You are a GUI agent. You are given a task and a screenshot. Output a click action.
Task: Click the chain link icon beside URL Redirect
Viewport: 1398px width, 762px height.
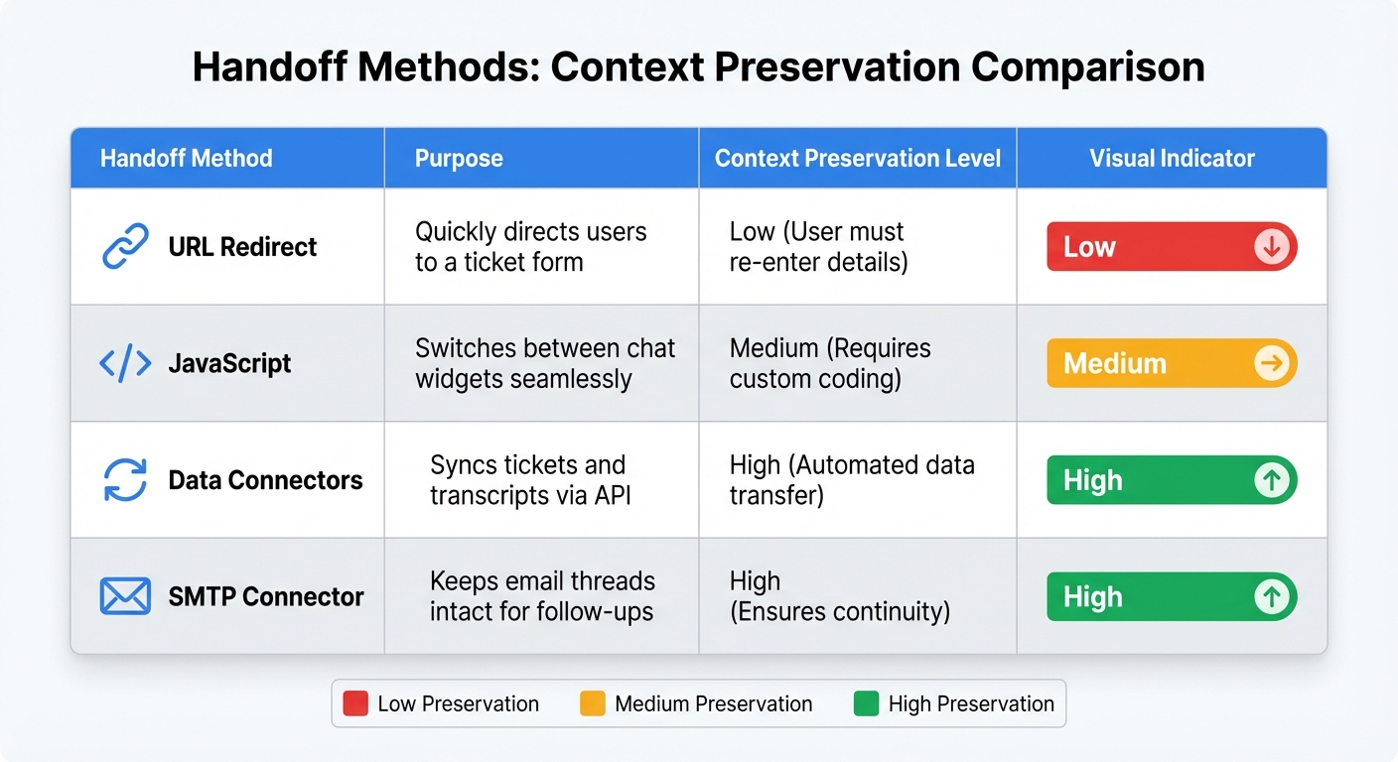click(x=126, y=246)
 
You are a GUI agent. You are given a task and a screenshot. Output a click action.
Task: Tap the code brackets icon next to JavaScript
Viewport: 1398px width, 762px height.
click(x=126, y=363)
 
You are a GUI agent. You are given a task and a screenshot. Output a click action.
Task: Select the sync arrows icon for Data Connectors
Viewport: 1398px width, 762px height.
click(x=126, y=480)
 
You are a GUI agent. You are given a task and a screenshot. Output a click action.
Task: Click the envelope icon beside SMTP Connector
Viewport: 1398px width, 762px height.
click(x=126, y=596)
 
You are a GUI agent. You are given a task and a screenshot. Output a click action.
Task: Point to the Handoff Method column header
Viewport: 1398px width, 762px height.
click(x=186, y=159)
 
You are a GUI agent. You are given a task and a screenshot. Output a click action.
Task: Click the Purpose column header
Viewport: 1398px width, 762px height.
click(x=459, y=159)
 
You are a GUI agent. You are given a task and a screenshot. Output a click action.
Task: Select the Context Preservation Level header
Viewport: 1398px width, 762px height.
click(x=858, y=159)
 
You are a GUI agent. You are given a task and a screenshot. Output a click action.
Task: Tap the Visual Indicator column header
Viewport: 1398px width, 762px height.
click(x=1172, y=159)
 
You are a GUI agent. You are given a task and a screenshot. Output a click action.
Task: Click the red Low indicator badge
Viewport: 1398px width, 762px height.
click(x=1172, y=247)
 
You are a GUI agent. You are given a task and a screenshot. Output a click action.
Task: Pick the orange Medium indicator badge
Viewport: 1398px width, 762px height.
click(x=1172, y=363)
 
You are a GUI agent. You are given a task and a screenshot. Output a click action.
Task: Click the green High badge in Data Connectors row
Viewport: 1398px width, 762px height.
click(x=1172, y=480)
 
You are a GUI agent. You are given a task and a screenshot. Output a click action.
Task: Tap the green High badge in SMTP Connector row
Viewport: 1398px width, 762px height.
click(x=1172, y=597)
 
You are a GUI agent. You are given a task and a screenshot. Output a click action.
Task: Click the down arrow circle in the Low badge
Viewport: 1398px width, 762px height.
click(x=1272, y=247)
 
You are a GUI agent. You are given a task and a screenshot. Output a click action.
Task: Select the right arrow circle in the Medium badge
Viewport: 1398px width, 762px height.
click(x=1272, y=363)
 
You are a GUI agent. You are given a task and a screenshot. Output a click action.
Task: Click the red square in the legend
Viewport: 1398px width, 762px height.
click(x=355, y=703)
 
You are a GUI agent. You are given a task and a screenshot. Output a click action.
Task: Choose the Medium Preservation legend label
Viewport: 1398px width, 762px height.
click(x=713, y=703)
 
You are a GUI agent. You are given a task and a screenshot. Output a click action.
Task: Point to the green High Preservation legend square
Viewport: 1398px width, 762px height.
click(x=866, y=703)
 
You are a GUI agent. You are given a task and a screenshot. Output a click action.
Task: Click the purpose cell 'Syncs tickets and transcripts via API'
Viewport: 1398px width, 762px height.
click(x=527, y=480)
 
